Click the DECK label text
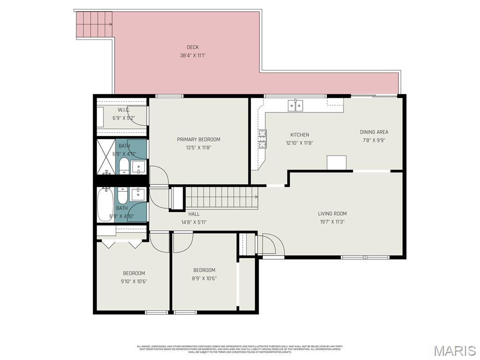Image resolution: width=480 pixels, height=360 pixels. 193,47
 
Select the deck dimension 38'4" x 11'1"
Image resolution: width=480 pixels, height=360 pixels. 193,55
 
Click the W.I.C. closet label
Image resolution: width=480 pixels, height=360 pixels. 124,110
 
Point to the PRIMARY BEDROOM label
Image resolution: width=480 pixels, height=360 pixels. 198,139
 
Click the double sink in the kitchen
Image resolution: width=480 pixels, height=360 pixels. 295,105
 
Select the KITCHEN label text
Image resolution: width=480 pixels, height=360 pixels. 300,135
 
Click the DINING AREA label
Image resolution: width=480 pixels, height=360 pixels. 374,132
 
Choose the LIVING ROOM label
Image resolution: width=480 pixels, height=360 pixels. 332,214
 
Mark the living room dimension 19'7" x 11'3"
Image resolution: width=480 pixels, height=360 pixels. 332,222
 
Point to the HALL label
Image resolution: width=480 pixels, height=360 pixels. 194,214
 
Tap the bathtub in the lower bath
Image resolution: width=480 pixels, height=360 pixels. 104,204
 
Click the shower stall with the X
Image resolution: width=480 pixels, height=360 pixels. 106,157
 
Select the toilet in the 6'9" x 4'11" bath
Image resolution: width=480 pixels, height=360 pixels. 124,165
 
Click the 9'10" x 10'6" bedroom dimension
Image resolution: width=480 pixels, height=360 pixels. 134,281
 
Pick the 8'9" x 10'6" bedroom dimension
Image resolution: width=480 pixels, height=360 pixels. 204,278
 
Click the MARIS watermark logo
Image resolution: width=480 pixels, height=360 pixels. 455,350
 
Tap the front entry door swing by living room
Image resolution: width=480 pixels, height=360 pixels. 271,245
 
